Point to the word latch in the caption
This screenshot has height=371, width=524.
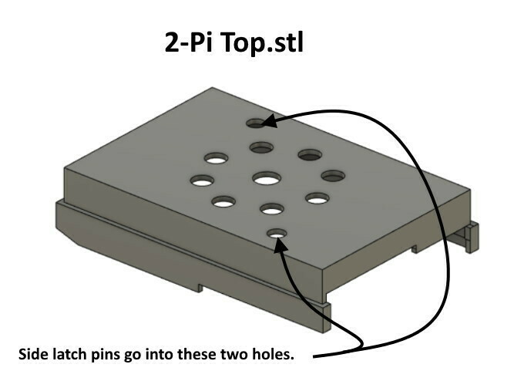(63, 354)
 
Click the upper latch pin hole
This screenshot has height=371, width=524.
(257, 123)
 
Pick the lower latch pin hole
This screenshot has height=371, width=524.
(277, 233)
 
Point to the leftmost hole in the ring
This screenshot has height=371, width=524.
(202, 181)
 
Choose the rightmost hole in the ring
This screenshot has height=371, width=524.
(333, 176)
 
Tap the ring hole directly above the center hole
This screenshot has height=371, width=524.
(262, 147)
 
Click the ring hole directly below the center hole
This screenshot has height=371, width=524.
(272, 209)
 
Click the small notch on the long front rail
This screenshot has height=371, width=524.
(200, 288)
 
